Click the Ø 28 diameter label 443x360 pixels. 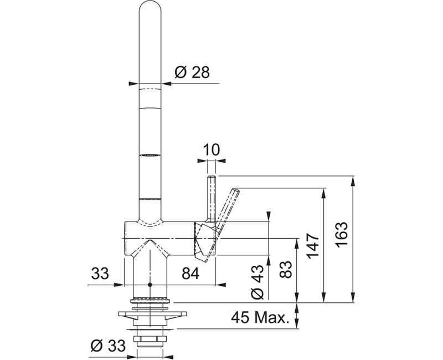coord(192,73)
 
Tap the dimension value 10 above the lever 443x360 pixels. coord(211,150)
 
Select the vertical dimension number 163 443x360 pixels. coord(342,235)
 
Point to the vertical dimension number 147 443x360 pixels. coord(313,246)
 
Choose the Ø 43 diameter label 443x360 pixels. coord(257,282)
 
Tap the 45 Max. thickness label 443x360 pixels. coord(260,317)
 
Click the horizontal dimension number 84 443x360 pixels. coord(190,273)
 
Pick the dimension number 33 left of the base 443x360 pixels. coord(100,273)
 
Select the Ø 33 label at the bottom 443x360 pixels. coord(108,345)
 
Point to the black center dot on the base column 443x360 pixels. coord(150,285)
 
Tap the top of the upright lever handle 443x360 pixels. coord(212,177)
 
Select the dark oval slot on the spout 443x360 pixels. coord(150,155)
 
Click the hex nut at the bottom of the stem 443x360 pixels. coord(150,339)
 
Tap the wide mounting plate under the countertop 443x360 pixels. coord(153,313)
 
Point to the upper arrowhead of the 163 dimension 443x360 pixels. coord(353,181)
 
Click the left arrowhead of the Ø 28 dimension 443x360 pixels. coord(133,84)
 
